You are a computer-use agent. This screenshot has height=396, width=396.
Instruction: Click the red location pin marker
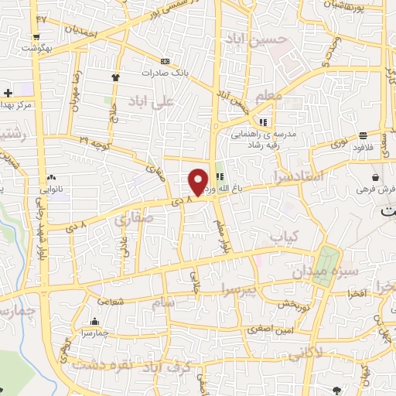[199, 182]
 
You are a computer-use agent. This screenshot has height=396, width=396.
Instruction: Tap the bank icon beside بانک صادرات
[165, 61]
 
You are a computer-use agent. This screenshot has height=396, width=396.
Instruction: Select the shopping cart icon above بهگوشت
[36, 36]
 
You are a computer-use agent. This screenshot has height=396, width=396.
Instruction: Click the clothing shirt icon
[116, 77]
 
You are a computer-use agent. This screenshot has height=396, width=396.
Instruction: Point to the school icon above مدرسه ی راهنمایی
[264, 121]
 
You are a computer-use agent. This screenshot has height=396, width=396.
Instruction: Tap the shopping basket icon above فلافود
[363, 134]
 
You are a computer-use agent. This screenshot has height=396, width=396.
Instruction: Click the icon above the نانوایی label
[51, 177]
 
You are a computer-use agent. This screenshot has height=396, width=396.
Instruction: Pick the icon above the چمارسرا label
[95, 322]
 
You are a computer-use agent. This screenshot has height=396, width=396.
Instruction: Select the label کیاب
[284, 235]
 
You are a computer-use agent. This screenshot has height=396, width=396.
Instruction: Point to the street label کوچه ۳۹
[96, 141]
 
